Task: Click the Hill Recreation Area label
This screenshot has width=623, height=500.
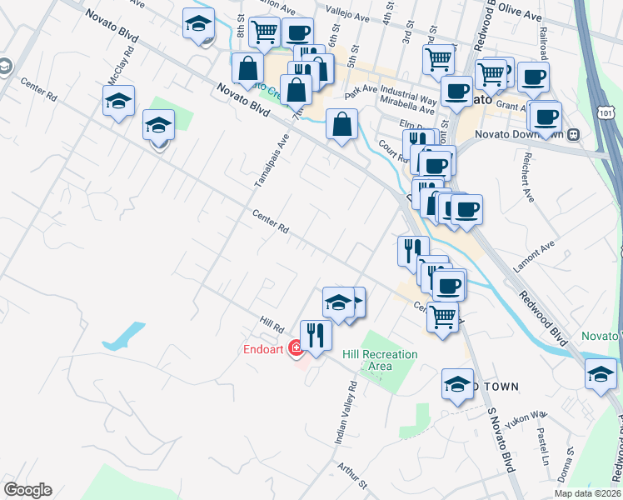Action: [x=380, y=360]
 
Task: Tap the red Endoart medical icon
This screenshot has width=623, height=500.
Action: [x=295, y=349]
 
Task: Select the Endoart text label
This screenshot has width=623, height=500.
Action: [x=264, y=349]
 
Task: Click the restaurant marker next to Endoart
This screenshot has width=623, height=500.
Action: [x=316, y=335]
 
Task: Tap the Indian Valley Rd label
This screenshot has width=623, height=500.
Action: [x=345, y=412]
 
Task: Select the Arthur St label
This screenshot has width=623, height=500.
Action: [x=351, y=475]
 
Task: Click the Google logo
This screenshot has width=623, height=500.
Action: [x=27, y=490]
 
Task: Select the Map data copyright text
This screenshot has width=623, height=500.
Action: [x=587, y=493]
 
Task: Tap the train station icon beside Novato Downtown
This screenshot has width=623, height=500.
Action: [x=573, y=134]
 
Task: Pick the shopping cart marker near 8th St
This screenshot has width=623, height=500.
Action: [x=264, y=34]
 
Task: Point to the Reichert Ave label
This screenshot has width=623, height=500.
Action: [x=526, y=177]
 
